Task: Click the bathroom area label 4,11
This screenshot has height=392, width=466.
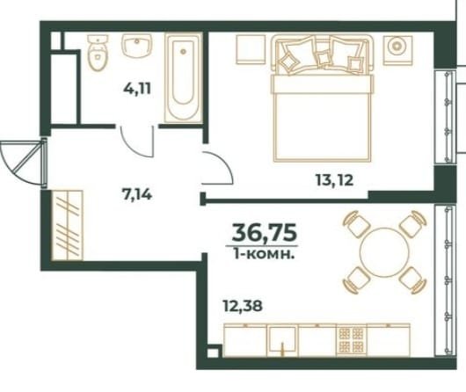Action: pos(137,89)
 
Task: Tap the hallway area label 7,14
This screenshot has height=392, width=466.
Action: pos(137,194)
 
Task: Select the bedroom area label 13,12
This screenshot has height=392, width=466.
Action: pos(334,180)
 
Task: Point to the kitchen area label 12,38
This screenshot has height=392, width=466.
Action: pos(243,305)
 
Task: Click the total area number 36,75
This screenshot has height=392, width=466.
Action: pos(264,232)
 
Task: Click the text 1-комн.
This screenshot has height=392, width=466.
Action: pos(264,254)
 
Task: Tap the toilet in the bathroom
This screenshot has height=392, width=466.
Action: pos(98,53)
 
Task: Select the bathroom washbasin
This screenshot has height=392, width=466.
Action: pos(136,45)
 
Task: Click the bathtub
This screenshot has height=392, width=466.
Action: pos(184,78)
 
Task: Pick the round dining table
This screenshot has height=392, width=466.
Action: pos(384,252)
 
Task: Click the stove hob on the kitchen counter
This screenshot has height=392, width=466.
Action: pos(351,340)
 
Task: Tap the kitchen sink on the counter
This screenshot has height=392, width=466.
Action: pos(282,340)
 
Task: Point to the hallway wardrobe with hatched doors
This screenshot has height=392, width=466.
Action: pos(67,225)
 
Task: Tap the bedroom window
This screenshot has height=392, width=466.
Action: pos(445,117)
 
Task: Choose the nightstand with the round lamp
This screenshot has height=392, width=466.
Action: pos(397,50)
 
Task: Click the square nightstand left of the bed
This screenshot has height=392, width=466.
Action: pos(251,49)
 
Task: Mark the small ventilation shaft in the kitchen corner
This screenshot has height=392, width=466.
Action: pos(213,352)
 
